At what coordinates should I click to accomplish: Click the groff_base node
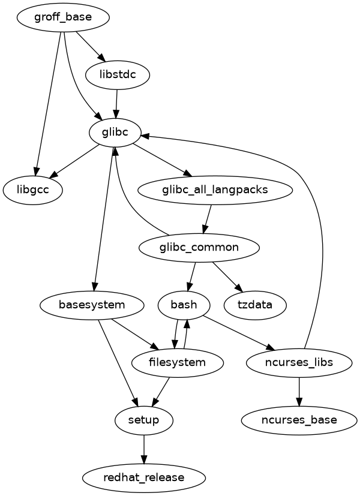[63, 17]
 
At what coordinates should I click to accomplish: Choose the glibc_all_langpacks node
[215, 190]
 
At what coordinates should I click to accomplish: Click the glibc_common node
[199, 247]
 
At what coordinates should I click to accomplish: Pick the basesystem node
[92, 305]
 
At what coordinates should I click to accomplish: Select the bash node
[184, 305]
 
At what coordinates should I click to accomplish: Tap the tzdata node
[254, 305]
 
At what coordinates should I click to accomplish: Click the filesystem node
[177, 362]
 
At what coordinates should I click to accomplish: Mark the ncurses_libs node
[299, 362]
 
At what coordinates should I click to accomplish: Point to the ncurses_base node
[299, 420]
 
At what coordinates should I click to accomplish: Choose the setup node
[144, 420]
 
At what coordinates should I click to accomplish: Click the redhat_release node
[144, 477]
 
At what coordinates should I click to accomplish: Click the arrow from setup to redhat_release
[144, 449]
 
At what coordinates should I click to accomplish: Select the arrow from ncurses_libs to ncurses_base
[299, 391]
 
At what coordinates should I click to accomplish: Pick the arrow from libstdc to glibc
[116, 103]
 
